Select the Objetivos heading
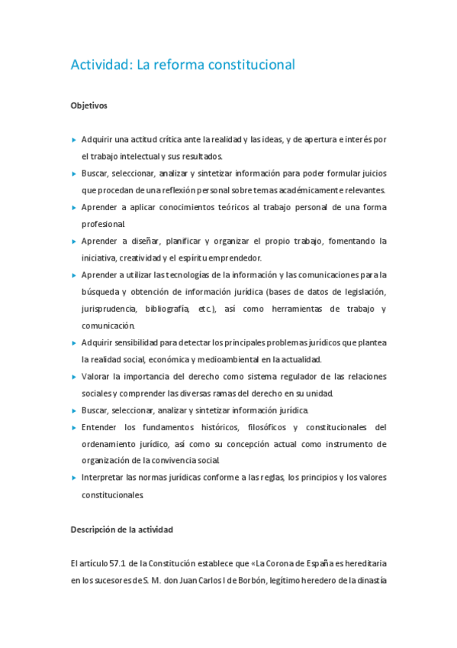(x=89, y=105)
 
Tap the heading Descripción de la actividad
(x=122, y=529)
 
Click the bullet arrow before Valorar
(x=73, y=377)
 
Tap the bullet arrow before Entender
(x=73, y=427)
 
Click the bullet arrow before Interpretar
(x=73, y=478)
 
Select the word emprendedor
(x=237, y=258)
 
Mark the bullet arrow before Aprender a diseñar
(x=73, y=241)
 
